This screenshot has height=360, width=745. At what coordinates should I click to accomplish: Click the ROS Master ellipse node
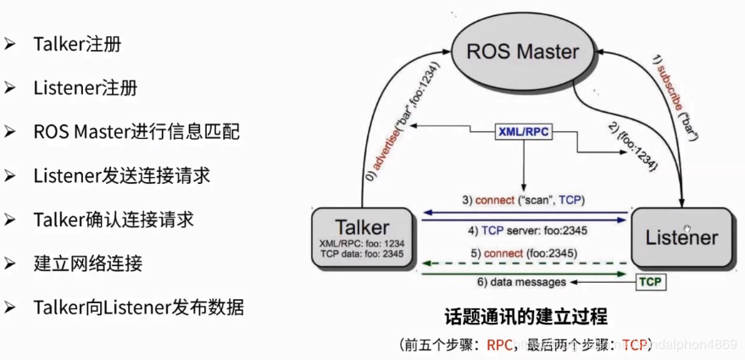(x=523, y=53)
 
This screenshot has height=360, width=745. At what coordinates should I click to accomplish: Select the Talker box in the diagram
(x=363, y=236)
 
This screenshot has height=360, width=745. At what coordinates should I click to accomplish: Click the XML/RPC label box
(x=524, y=134)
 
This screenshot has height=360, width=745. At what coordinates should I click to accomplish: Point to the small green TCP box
(x=650, y=280)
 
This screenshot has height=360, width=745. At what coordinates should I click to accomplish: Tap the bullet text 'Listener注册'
(x=85, y=88)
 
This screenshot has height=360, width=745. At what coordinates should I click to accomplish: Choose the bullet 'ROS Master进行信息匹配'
(x=136, y=132)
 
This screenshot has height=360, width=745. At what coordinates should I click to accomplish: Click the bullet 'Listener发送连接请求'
(x=122, y=175)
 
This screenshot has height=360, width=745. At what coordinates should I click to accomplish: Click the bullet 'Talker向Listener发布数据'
(x=139, y=307)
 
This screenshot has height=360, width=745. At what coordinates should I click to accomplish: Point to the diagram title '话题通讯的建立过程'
(x=526, y=318)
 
